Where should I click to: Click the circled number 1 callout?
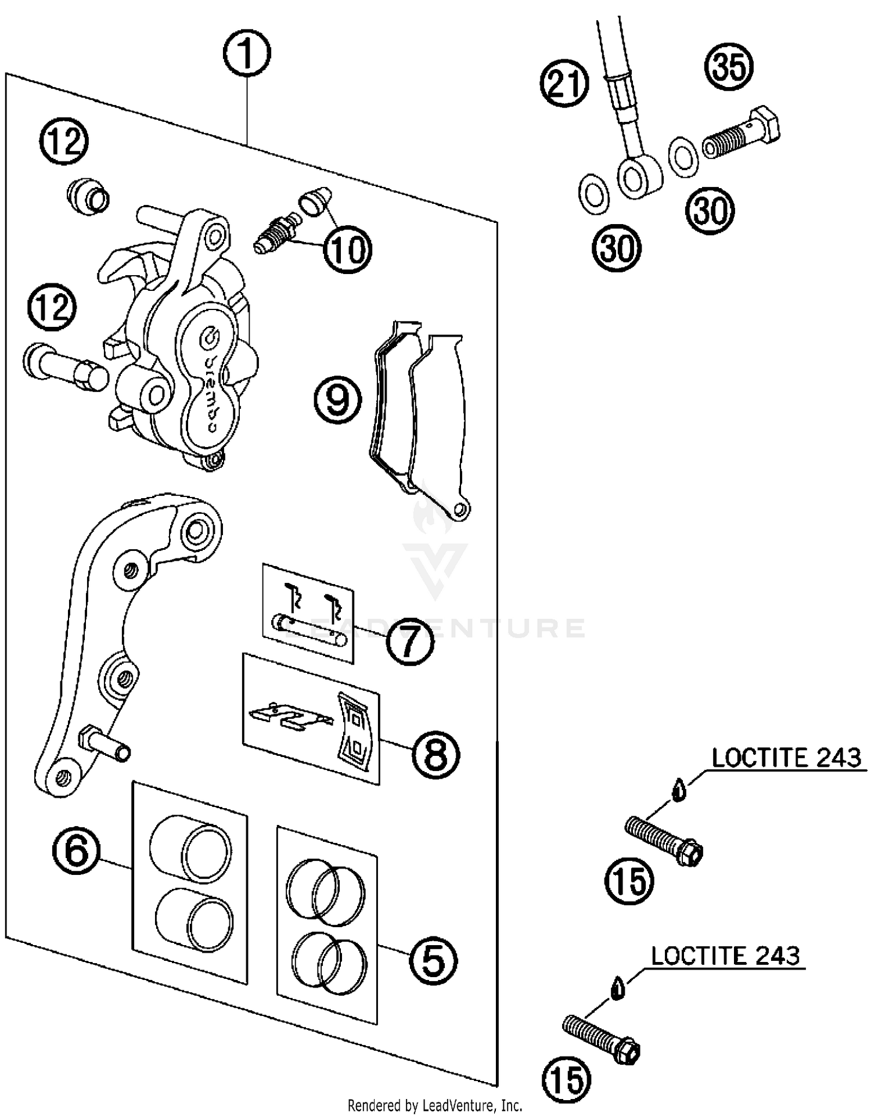[247, 53]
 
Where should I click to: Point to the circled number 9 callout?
[337, 400]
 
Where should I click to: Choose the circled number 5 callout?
[433, 961]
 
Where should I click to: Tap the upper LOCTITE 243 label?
[786, 758]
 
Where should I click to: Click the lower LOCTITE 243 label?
[725, 955]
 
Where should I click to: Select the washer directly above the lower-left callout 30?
[594, 194]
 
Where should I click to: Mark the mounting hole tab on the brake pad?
[460, 510]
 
